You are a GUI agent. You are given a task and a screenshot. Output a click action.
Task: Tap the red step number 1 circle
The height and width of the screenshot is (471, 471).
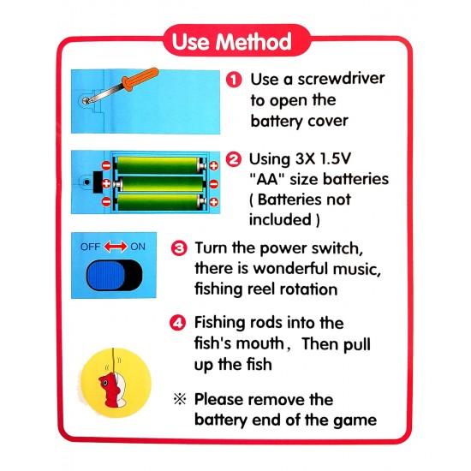tap(233, 79)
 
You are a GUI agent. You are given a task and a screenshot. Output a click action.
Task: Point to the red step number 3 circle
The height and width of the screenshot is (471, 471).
tap(179, 248)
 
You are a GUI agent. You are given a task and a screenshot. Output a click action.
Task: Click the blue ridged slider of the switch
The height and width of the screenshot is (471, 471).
tap(105, 275)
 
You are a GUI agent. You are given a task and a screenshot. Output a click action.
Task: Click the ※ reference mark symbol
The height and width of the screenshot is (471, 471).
tap(179, 400)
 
